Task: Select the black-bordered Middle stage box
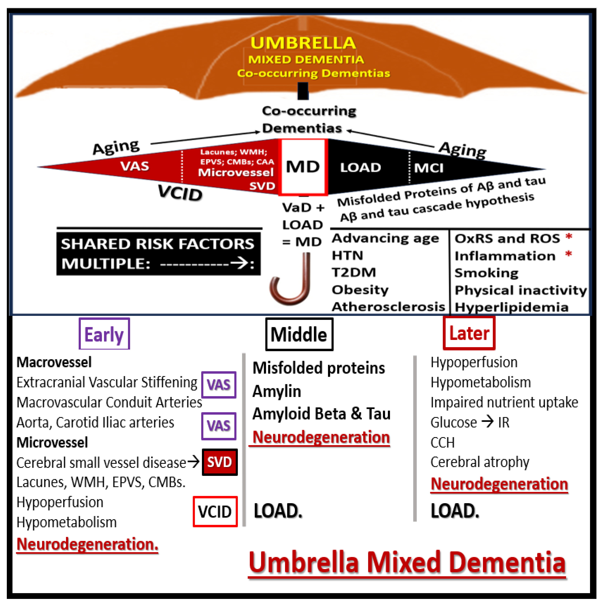(299, 334)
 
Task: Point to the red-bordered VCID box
(215, 511)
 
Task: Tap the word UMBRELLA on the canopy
(303, 43)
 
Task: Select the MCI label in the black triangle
(429, 168)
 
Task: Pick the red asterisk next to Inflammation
(568, 254)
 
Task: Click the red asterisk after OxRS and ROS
(568, 237)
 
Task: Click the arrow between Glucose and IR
(487, 422)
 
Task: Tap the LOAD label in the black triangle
(361, 167)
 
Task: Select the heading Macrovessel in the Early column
(54, 362)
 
